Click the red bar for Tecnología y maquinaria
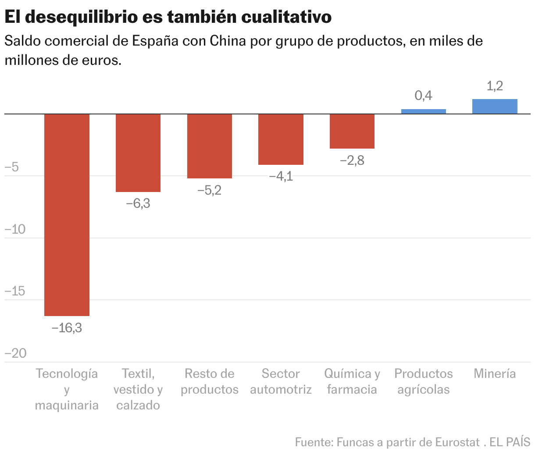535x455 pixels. click(67, 215)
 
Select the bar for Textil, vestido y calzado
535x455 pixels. click(138, 153)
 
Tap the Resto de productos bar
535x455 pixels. click(210, 146)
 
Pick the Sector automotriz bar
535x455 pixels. click(281, 139)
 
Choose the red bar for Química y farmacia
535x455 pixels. click(352, 131)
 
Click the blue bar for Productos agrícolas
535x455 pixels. click(423, 111)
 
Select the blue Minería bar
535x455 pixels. click(495, 107)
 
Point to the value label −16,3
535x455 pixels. click(67, 328)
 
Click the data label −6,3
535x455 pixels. click(138, 203)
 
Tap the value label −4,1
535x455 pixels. click(281, 177)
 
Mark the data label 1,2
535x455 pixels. click(495, 86)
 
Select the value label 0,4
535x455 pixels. click(423, 96)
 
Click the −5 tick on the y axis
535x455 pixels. click(12, 167)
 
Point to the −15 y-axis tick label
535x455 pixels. click(14, 291)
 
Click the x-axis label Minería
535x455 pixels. click(495, 373)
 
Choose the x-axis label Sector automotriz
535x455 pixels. click(281, 381)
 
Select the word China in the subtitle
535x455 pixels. click(228, 41)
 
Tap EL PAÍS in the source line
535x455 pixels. click(510, 442)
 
